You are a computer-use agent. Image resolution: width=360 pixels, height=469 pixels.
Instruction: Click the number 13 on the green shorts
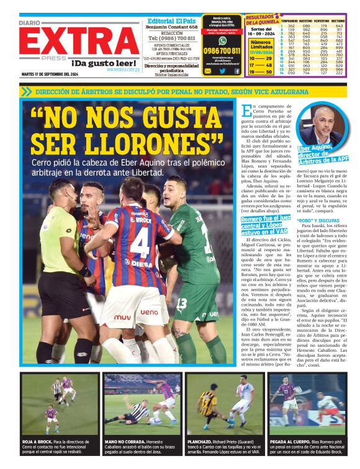coord(181,303)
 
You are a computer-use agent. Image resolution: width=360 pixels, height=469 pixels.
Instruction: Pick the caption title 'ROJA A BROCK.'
coord(37,442)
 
